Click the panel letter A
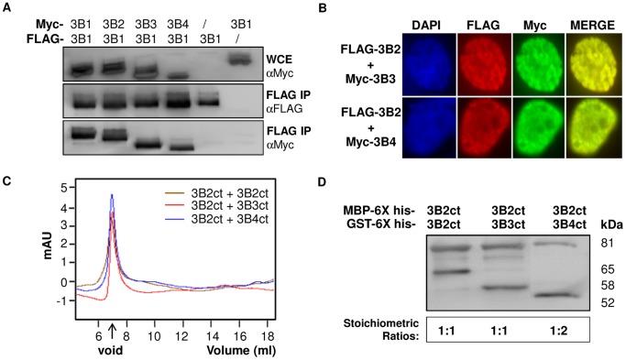(x=8, y=9)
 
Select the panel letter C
(x=8, y=179)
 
